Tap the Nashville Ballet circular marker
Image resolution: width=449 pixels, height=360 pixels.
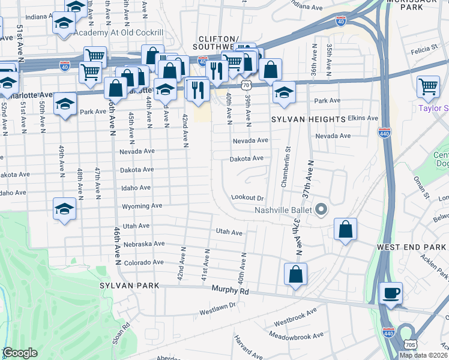click(x=321, y=209)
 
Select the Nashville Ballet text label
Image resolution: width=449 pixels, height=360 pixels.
click(x=281, y=210)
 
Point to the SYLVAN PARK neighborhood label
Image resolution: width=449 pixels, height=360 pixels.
click(x=130, y=286)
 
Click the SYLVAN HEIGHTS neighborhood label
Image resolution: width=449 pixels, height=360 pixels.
click(x=309, y=120)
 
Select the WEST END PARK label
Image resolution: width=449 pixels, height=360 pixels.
click(x=412, y=247)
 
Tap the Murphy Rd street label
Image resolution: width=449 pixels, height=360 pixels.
click(x=230, y=290)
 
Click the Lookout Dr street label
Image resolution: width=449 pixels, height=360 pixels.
click(x=247, y=197)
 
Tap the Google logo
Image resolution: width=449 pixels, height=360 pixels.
click(x=20, y=353)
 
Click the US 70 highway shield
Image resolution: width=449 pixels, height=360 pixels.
click(x=246, y=86)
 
